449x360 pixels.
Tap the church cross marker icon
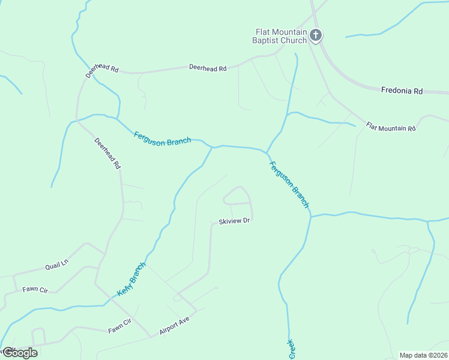click(316, 35)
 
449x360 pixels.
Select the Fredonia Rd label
click(402, 91)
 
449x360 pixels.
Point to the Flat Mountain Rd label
click(391, 128)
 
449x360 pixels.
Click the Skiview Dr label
click(234, 221)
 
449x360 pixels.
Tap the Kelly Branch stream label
click(131, 280)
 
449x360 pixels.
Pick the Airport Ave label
click(174, 327)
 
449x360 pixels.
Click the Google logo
click(19, 352)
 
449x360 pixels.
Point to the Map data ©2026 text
click(423, 355)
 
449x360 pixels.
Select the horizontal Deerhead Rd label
click(208, 68)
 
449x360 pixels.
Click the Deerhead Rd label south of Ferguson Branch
click(108, 153)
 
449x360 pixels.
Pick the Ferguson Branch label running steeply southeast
click(289, 185)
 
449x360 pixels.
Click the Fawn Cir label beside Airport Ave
click(119, 326)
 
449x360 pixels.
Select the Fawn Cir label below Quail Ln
click(35, 289)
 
